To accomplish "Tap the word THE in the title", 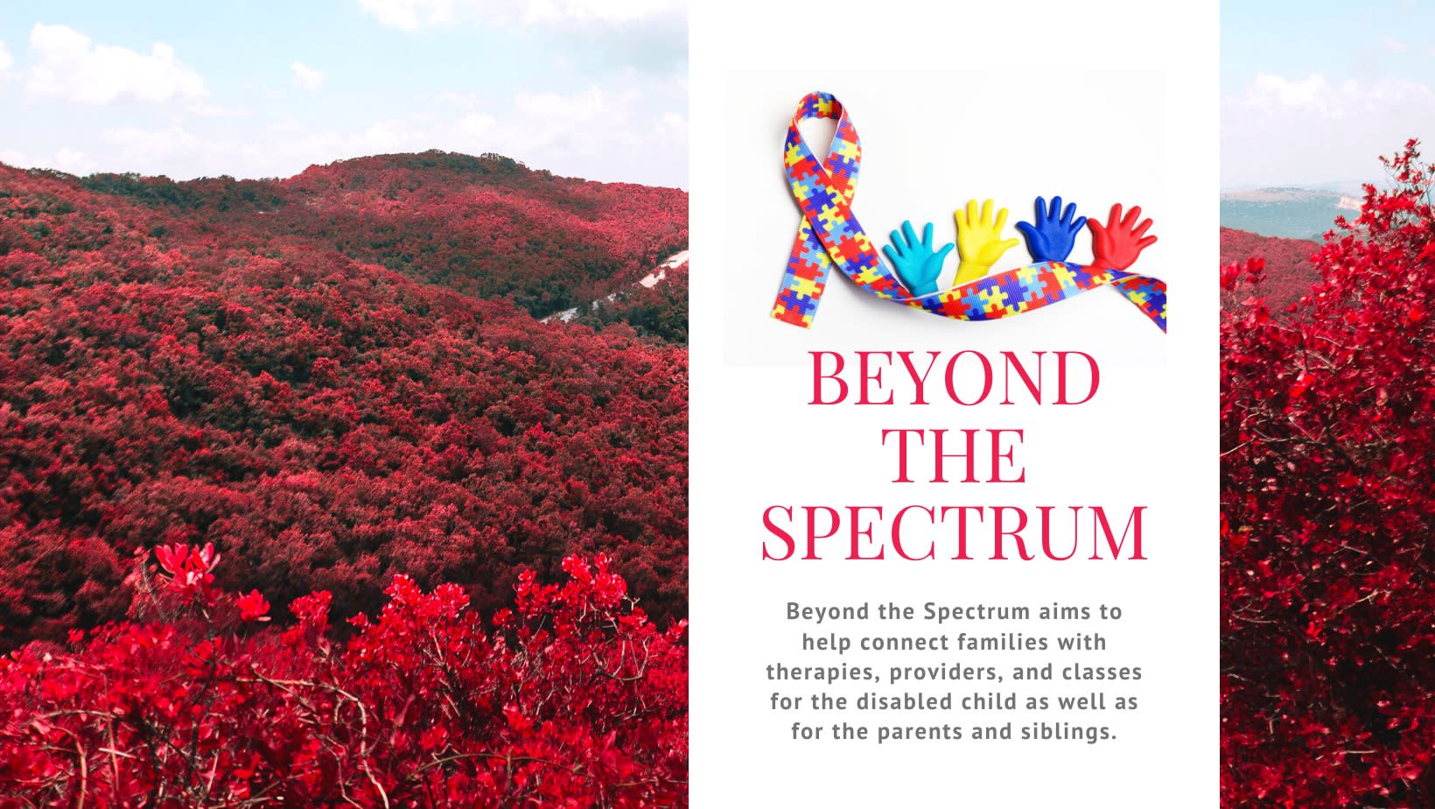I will point(953,455).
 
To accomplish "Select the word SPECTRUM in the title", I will point(954,532).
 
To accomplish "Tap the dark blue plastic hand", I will point(1050,229).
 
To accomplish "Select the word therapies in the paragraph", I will point(811,672).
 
